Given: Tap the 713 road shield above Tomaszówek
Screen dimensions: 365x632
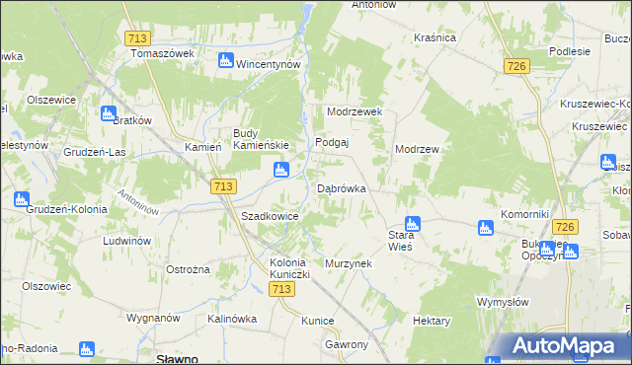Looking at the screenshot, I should (x=138, y=38).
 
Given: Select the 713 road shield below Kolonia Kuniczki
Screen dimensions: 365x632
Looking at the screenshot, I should (x=281, y=288).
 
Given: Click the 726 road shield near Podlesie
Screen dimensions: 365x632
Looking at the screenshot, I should (x=515, y=66).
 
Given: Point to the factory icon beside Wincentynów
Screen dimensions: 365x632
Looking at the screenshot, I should (x=226, y=61).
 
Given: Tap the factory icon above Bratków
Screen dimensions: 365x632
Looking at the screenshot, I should (x=108, y=113).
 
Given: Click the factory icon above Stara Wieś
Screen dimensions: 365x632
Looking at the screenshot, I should (x=413, y=224).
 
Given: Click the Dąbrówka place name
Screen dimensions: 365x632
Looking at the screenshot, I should (x=342, y=188).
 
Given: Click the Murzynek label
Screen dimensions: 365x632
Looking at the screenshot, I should (x=346, y=264).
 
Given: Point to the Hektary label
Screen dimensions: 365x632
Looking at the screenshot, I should (x=432, y=322).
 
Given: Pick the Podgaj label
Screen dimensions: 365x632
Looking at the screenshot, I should (x=332, y=142).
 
